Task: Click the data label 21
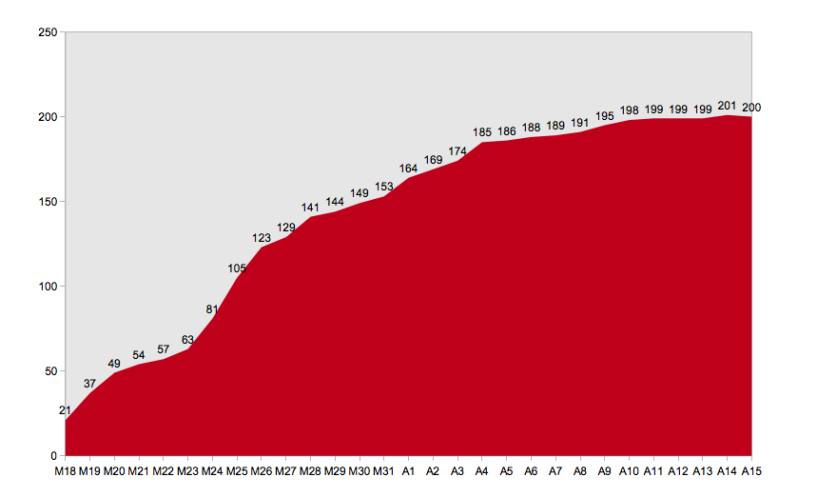(x=65, y=410)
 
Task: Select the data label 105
(x=237, y=268)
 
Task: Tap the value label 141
(x=310, y=208)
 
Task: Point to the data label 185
(x=482, y=132)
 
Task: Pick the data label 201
(x=727, y=106)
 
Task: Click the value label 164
(x=409, y=169)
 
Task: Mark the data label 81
(x=211, y=309)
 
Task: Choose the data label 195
(x=605, y=116)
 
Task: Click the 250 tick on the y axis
(x=48, y=32)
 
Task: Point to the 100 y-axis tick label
(x=48, y=287)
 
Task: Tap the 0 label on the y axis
(x=53, y=456)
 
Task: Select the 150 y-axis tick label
(x=48, y=202)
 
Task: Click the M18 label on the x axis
(x=65, y=471)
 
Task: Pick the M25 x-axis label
(x=237, y=471)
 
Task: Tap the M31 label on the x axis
(x=383, y=471)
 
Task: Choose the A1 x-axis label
(x=409, y=471)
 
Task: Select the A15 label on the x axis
(x=751, y=471)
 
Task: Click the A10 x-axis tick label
(x=629, y=471)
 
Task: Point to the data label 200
(x=751, y=108)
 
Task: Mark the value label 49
(x=114, y=364)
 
